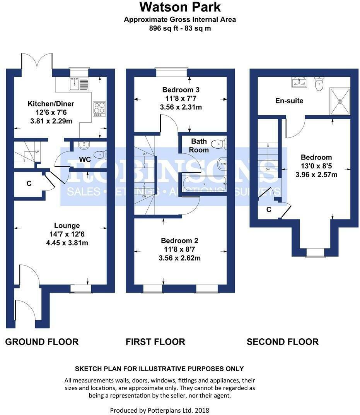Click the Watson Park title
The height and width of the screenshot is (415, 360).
tap(180, 7)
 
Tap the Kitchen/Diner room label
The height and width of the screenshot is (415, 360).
tap(51, 103)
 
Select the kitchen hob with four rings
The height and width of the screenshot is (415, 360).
tap(99, 109)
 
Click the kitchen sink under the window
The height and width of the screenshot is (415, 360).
tap(80, 84)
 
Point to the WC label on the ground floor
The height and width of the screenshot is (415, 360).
tap(85, 159)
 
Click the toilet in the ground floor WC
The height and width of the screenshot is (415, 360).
tap(101, 154)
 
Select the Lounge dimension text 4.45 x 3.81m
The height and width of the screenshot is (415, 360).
tap(67, 243)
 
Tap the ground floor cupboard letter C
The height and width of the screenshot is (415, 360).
tap(29, 183)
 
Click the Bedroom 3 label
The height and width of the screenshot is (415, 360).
tap(181, 90)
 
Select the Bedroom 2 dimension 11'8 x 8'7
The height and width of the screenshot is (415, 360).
tap(179, 249)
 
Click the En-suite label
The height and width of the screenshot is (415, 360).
tap(289, 101)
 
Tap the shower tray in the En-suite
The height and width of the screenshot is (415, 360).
tap(340, 101)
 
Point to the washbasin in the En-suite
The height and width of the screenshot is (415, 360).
tap(299, 82)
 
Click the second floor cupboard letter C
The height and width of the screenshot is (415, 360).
tap(269, 209)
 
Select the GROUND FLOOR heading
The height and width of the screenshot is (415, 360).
tap(42, 342)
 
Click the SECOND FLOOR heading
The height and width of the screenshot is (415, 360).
tap(283, 342)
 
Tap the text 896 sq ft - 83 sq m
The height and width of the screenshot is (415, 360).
tap(180, 28)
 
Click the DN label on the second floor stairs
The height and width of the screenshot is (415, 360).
tap(268, 170)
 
